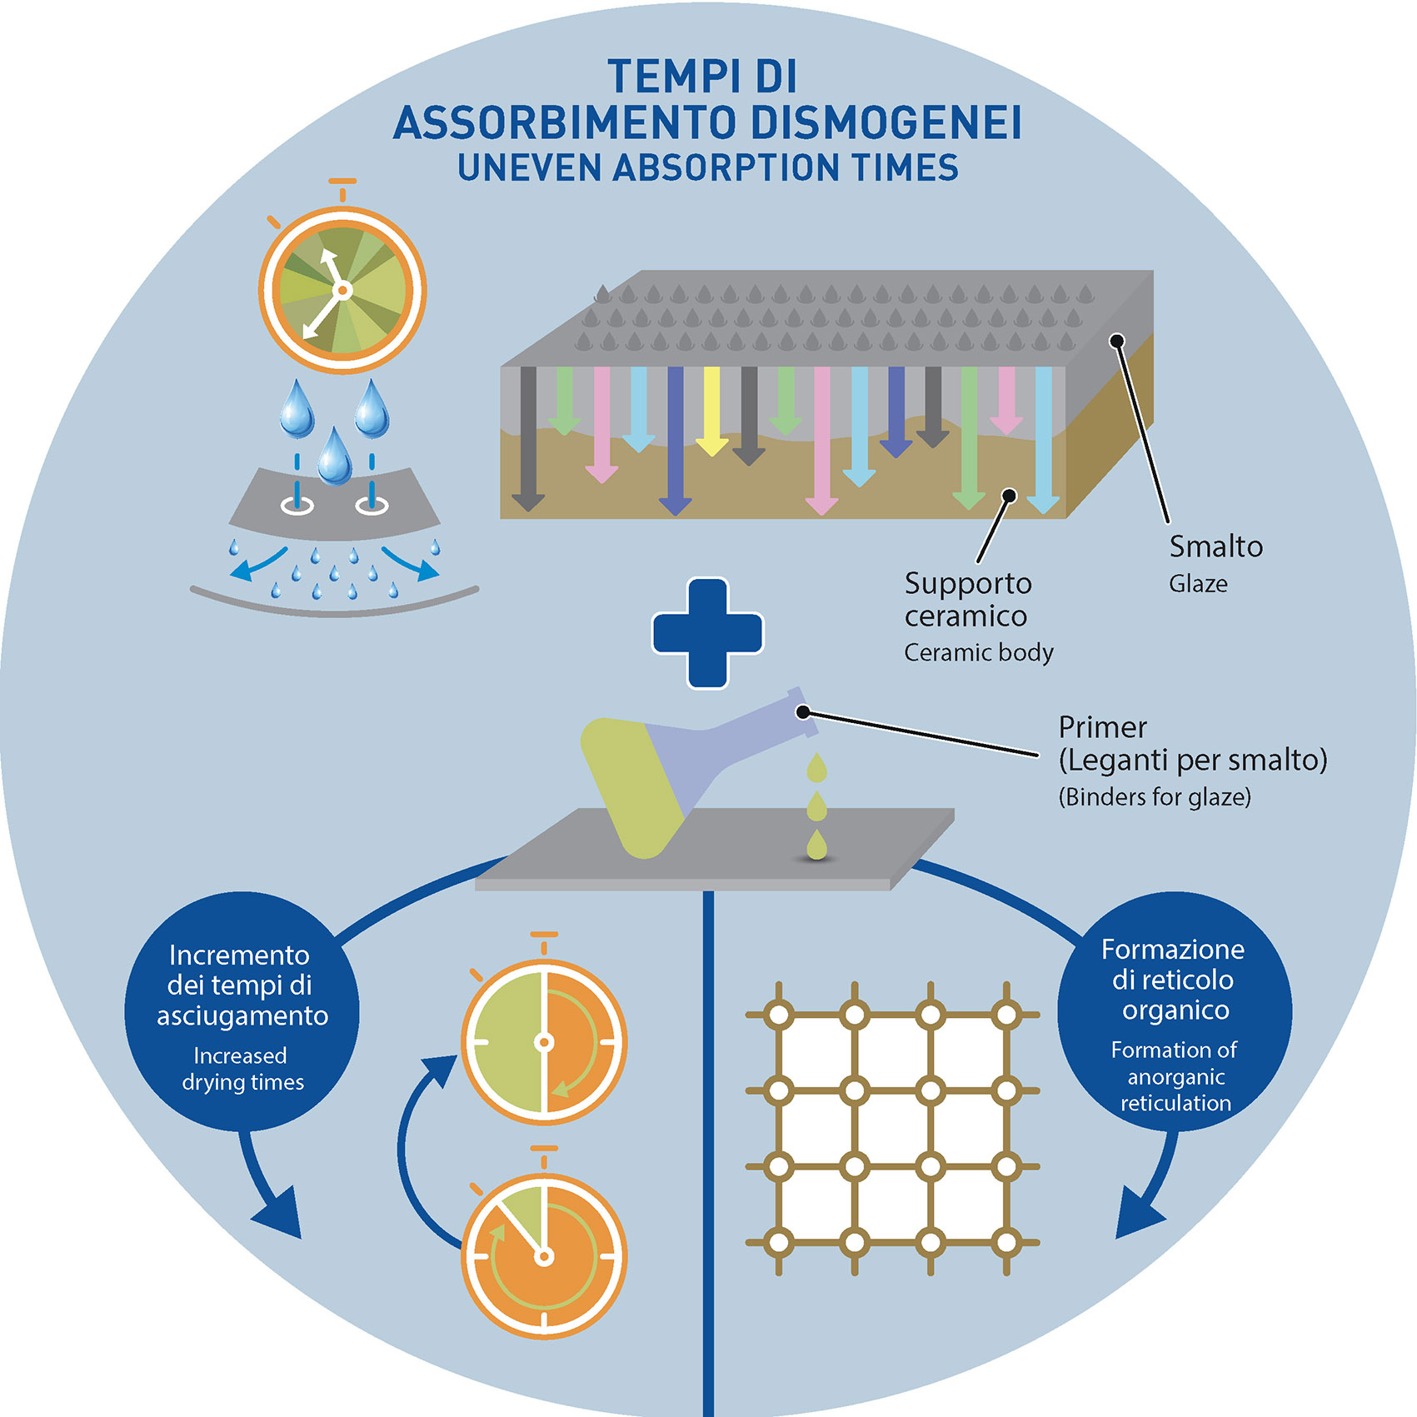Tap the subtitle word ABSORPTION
point(726,167)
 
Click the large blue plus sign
point(707,633)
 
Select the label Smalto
point(1215,547)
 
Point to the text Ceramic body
point(978,652)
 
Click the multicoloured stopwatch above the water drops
point(342,289)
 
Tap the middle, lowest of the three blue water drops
point(335,457)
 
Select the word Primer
point(1102,727)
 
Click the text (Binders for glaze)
point(1155,797)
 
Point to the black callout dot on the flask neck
point(803,711)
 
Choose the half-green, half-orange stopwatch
point(544,1041)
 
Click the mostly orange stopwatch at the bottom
point(544,1255)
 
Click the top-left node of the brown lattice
point(779,1015)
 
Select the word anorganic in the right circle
point(1175,1077)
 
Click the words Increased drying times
point(242,1069)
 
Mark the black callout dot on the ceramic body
point(1010,496)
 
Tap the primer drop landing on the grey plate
point(817,846)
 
